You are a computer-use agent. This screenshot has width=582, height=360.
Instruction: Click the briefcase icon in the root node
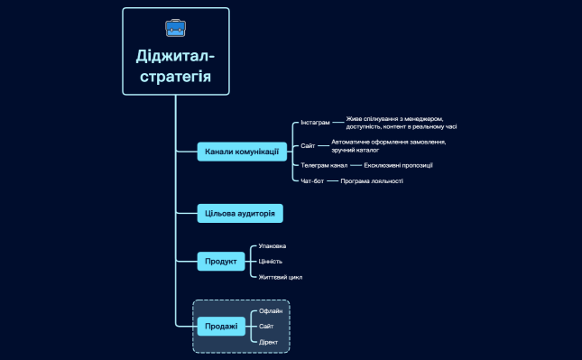point(175,28)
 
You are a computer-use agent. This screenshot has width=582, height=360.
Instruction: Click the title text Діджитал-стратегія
point(175,66)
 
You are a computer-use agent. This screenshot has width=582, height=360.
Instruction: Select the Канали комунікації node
point(242,152)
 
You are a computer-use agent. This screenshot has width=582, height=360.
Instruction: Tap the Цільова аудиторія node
point(241,213)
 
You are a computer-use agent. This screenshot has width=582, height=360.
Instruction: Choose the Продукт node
point(221,262)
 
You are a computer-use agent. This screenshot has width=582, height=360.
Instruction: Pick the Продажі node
point(221,326)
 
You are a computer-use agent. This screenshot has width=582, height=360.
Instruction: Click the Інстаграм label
point(315,122)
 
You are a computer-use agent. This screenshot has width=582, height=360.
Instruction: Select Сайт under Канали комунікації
point(308,145)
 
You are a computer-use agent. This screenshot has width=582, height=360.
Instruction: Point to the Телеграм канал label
point(324,166)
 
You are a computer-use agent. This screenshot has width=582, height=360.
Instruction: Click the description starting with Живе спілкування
point(401,122)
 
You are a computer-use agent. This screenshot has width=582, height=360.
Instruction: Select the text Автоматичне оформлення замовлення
point(388,145)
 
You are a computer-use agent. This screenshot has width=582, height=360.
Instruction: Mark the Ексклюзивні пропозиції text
point(398,166)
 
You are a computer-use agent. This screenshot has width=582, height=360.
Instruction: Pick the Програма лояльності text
point(372,181)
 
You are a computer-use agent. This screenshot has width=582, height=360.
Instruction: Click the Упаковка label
point(273,245)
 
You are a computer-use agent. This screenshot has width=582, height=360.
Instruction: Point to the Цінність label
point(271,262)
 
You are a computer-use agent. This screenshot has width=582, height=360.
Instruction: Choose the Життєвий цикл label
point(280,277)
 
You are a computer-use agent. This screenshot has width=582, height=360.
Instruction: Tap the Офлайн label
point(271,310)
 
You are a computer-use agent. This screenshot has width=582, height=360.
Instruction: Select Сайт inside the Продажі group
point(266,326)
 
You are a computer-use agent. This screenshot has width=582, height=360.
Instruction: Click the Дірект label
point(269,342)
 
